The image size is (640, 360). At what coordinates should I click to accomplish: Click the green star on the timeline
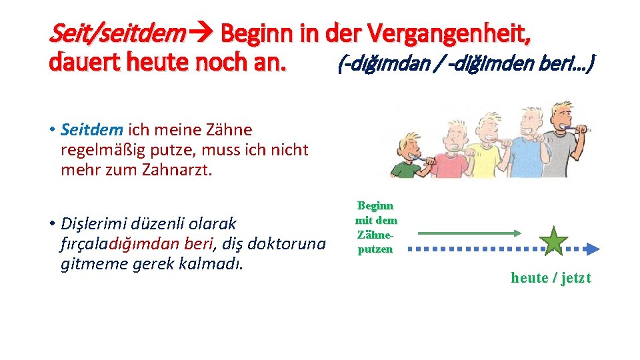point(555,241)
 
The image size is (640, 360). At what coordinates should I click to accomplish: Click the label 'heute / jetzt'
point(551,278)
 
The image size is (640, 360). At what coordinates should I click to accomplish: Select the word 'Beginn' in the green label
point(375,206)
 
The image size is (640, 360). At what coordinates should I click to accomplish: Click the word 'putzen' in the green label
point(375,249)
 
